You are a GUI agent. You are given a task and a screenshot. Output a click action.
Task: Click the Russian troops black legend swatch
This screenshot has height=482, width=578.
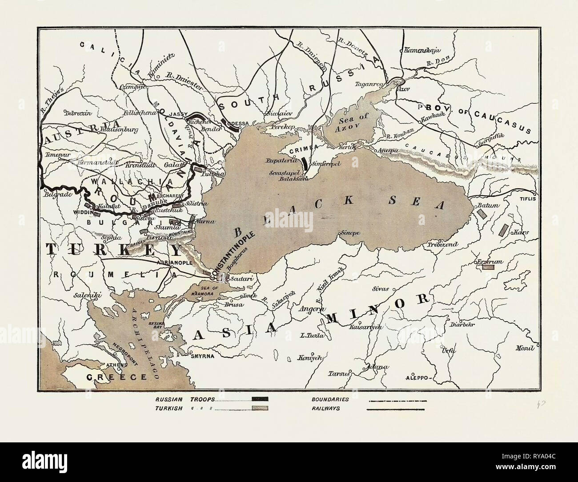pyautogui.click(x=260, y=399)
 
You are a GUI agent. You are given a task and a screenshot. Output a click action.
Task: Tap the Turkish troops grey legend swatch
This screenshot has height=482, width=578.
pyautogui.click(x=260, y=408)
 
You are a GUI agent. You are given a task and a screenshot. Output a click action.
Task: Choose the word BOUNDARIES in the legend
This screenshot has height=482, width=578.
pyautogui.click(x=331, y=399)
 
